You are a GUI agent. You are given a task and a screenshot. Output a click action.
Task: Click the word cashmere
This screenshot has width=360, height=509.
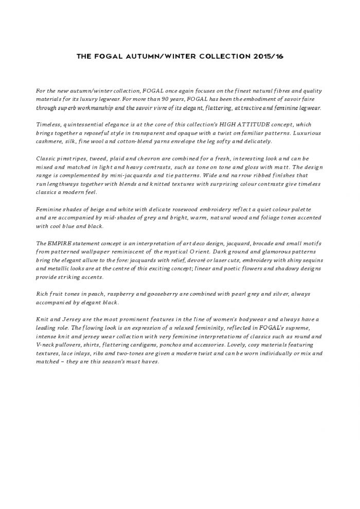coord(49,141)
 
